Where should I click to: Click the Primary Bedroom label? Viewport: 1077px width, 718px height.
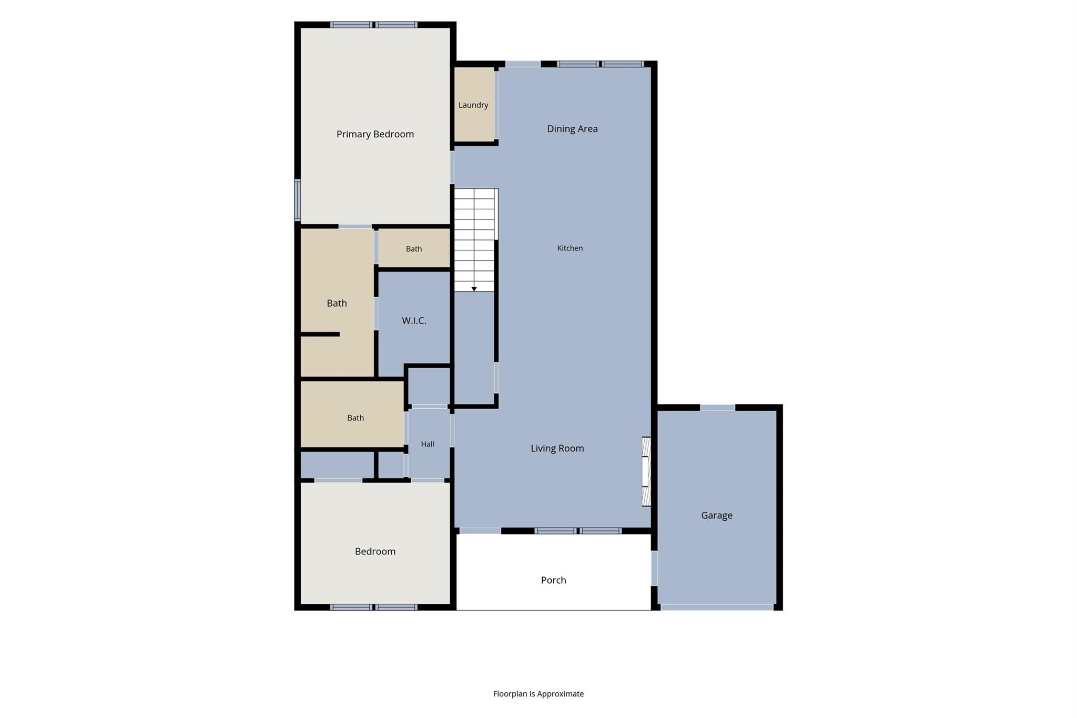click(x=375, y=134)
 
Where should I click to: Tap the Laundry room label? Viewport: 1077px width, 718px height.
click(x=473, y=105)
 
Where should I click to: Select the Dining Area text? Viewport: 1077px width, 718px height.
click(x=572, y=129)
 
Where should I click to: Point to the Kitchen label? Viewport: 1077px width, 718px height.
click(x=570, y=248)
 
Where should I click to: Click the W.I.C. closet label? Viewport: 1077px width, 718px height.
click(x=414, y=320)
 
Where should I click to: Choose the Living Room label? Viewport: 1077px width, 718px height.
click(x=557, y=448)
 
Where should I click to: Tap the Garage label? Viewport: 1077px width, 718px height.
click(x=716, y=515)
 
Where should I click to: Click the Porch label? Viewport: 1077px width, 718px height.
click(x=553, y=580)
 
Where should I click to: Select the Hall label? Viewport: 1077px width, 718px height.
click(x=428, y=444)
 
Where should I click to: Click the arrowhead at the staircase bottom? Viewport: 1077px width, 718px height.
click(x=474, y=289)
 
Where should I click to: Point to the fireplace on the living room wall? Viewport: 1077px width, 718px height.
click(x=646, y=471)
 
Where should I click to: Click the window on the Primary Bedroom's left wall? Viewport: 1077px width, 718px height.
click(x=297, y=200)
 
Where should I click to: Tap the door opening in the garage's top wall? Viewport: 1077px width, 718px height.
click(x=717, y=408)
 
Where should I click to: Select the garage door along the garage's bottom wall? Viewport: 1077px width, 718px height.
click(x=717, y=607)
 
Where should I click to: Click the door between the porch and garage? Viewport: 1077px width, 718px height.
click(x=654, y=568)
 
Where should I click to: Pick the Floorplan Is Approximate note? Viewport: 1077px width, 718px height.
click(x=538, y=694)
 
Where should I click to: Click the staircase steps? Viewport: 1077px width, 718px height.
click(x=474, y=240)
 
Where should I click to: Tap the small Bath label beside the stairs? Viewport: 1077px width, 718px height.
click(x=414, y=249)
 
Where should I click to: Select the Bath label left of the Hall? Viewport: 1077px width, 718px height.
click(x=355, y=418)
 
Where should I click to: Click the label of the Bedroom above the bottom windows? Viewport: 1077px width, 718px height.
click(x=375, y=551)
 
